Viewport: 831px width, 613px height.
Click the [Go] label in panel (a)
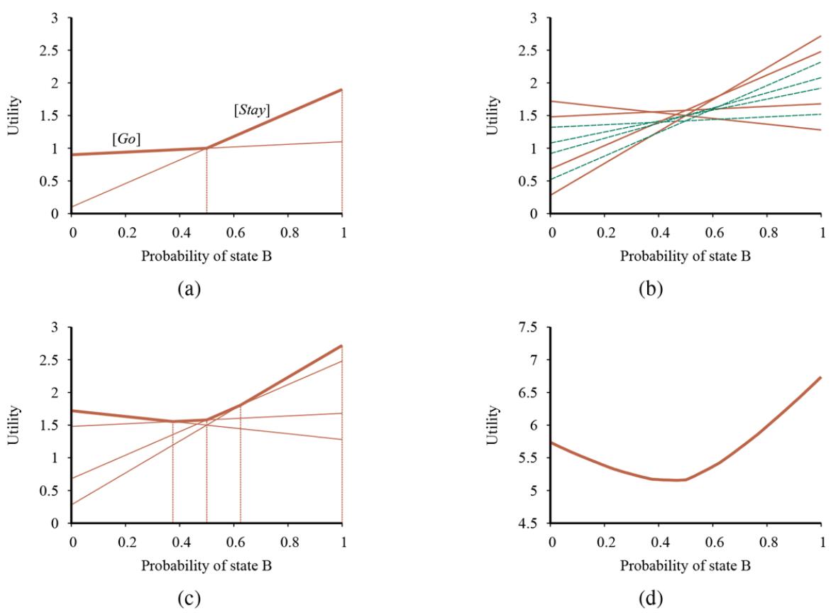click(x=126, y=140)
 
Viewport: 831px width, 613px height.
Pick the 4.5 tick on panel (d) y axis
click(x=531, y=524)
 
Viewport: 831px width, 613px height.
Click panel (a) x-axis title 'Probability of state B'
click(x=207, y=256)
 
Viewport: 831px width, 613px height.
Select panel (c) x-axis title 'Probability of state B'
click(x=207, y=566)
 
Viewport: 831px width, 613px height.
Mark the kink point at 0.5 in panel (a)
click(x=207, y=148)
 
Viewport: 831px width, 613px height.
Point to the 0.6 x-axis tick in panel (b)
click(x=713, y=232)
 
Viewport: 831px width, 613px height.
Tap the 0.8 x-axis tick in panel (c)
click(x=288, y=541)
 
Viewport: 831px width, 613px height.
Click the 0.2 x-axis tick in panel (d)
click(x=605, y=541)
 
